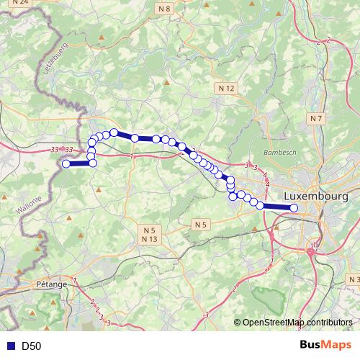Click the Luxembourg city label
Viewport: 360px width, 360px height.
316,196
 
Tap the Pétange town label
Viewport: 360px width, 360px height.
50,284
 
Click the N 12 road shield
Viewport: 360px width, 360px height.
225,88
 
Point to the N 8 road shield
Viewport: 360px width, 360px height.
165,9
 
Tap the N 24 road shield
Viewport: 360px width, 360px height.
19,3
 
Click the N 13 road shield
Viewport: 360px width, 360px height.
149,238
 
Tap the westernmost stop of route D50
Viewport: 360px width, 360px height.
66,164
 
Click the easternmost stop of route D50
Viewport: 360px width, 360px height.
294,208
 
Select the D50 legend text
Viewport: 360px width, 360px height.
31,346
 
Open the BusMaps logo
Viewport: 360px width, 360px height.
325,345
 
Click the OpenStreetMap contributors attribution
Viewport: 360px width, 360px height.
297,323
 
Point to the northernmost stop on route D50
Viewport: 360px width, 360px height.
114,132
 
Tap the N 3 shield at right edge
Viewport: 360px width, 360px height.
354,279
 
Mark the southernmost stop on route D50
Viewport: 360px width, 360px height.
294,208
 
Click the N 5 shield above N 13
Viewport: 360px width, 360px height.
149,229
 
